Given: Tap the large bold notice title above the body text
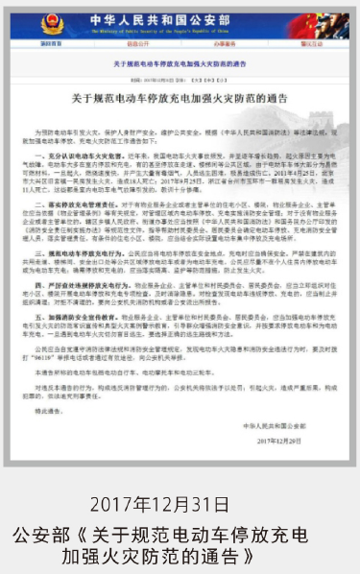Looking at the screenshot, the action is (179, 98).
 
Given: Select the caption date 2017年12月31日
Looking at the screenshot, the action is (180, 504).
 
